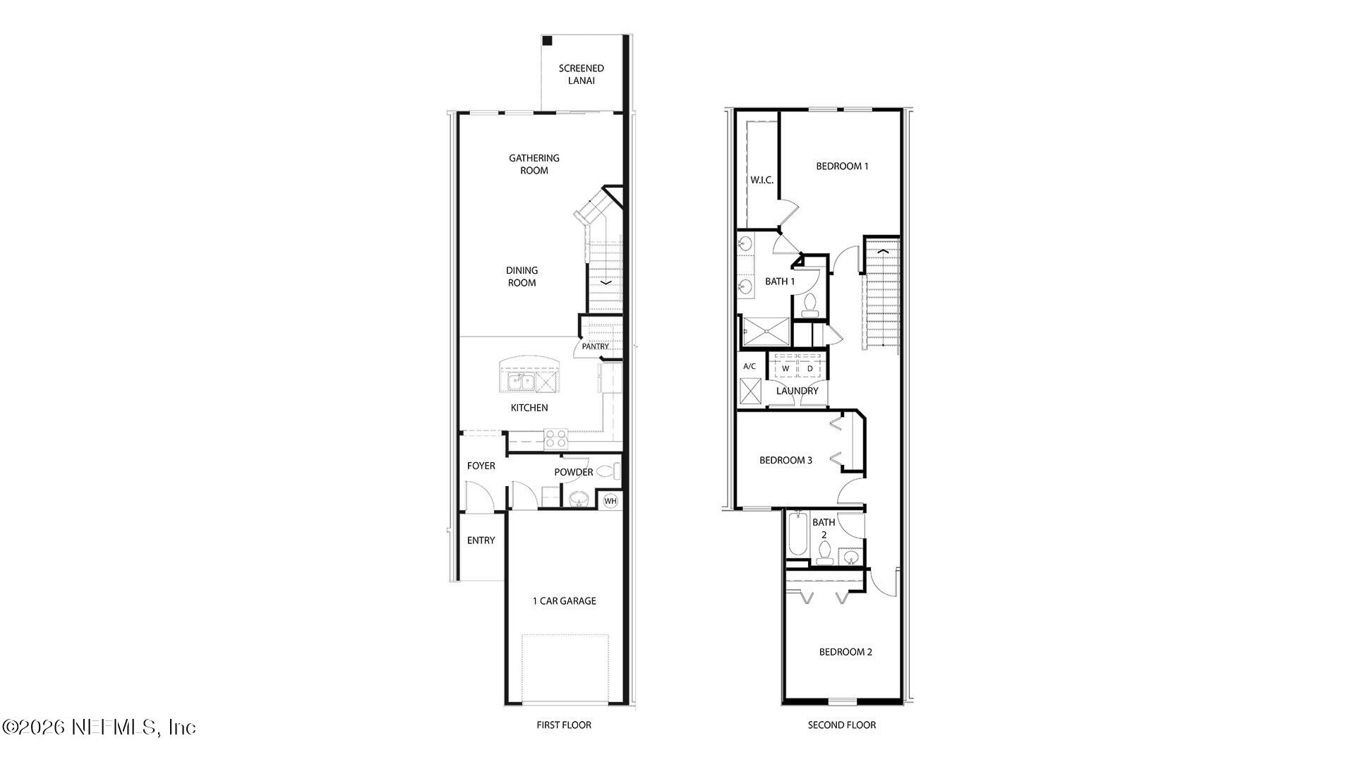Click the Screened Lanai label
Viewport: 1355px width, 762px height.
581,74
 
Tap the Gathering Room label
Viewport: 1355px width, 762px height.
534,164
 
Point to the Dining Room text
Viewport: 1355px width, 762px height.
522,276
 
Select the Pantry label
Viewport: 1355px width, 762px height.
595,346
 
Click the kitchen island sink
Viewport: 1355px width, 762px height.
521,382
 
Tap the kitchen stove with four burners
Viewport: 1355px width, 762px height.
556,439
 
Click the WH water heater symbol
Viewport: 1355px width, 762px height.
610,501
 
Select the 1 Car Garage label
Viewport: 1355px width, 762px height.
564,601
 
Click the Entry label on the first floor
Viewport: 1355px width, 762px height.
481,540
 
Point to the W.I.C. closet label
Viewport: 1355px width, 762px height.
761,180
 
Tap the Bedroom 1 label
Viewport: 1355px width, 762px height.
842,167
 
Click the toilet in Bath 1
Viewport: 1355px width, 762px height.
809,304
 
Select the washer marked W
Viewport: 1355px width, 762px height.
785,368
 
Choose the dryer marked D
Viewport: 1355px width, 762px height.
810,368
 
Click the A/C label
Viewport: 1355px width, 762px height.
749,366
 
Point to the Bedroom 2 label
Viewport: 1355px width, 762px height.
845,652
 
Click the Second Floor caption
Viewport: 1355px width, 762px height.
841,725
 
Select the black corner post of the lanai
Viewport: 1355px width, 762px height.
547,41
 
